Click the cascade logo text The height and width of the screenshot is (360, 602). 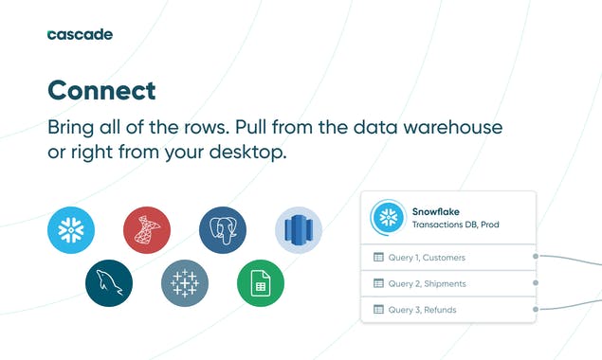pyautogui.click(x=80, y=34)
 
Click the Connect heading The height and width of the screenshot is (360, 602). pyautogui.click(x=101, y=90)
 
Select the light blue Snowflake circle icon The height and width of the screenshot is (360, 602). pyautogui.click(x=71, y=230)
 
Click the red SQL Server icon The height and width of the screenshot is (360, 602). pyautogui.click(x=147, y=230)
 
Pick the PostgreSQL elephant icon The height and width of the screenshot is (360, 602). pyautogui.click(x=223, y=230)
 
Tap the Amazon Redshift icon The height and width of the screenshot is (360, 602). pyautogui.click(x=299, y=230)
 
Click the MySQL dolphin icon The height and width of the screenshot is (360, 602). pyautogui.click(x=109, y=282)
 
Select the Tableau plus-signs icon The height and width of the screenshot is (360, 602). pyautogui.click(x=185, y=282)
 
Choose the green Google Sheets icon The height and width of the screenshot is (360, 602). pyautogui.click(x=261, y=282)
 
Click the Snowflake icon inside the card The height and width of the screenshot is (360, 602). pyautogui.click(x=387, y=217)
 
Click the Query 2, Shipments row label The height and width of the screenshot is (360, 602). pyautogui.click(x=427, y=283)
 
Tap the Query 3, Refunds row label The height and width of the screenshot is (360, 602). pyautogui.click(x=423, y=309)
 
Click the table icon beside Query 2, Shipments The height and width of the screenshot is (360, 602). pyautogui.click(x=378, y=283)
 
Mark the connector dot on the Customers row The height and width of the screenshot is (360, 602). pyautogui.click(x=536, y=256)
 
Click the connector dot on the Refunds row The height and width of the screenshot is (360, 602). pyautogui.click(x=536, y=309)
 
